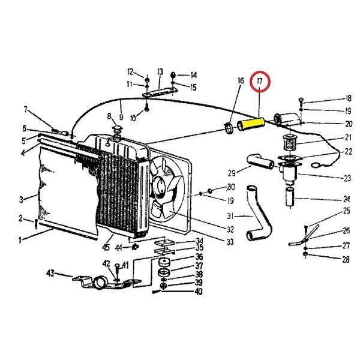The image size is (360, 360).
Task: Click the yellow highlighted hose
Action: point(251,124)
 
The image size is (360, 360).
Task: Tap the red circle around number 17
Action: point(260,82)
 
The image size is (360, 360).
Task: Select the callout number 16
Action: point(241,81)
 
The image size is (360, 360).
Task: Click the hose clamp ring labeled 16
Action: point(229,128)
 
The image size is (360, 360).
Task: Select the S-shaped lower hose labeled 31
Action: point(259,214)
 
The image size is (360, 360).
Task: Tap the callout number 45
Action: point(106,247)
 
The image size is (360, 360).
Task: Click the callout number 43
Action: point(50,273)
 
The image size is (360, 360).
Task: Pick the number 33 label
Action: point(230,242)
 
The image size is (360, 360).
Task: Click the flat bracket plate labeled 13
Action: point(160,92)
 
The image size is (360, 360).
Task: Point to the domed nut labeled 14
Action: point(173,75)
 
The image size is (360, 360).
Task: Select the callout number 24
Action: point(346,199)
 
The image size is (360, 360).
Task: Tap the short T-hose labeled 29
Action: point(260,161)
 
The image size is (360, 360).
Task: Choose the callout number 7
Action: point(26,110)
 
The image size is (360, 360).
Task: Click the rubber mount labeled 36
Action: point(164,262)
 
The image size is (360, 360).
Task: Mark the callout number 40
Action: point(199,292)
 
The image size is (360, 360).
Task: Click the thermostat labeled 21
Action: point(290,143)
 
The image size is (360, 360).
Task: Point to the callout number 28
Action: point(346,260)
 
